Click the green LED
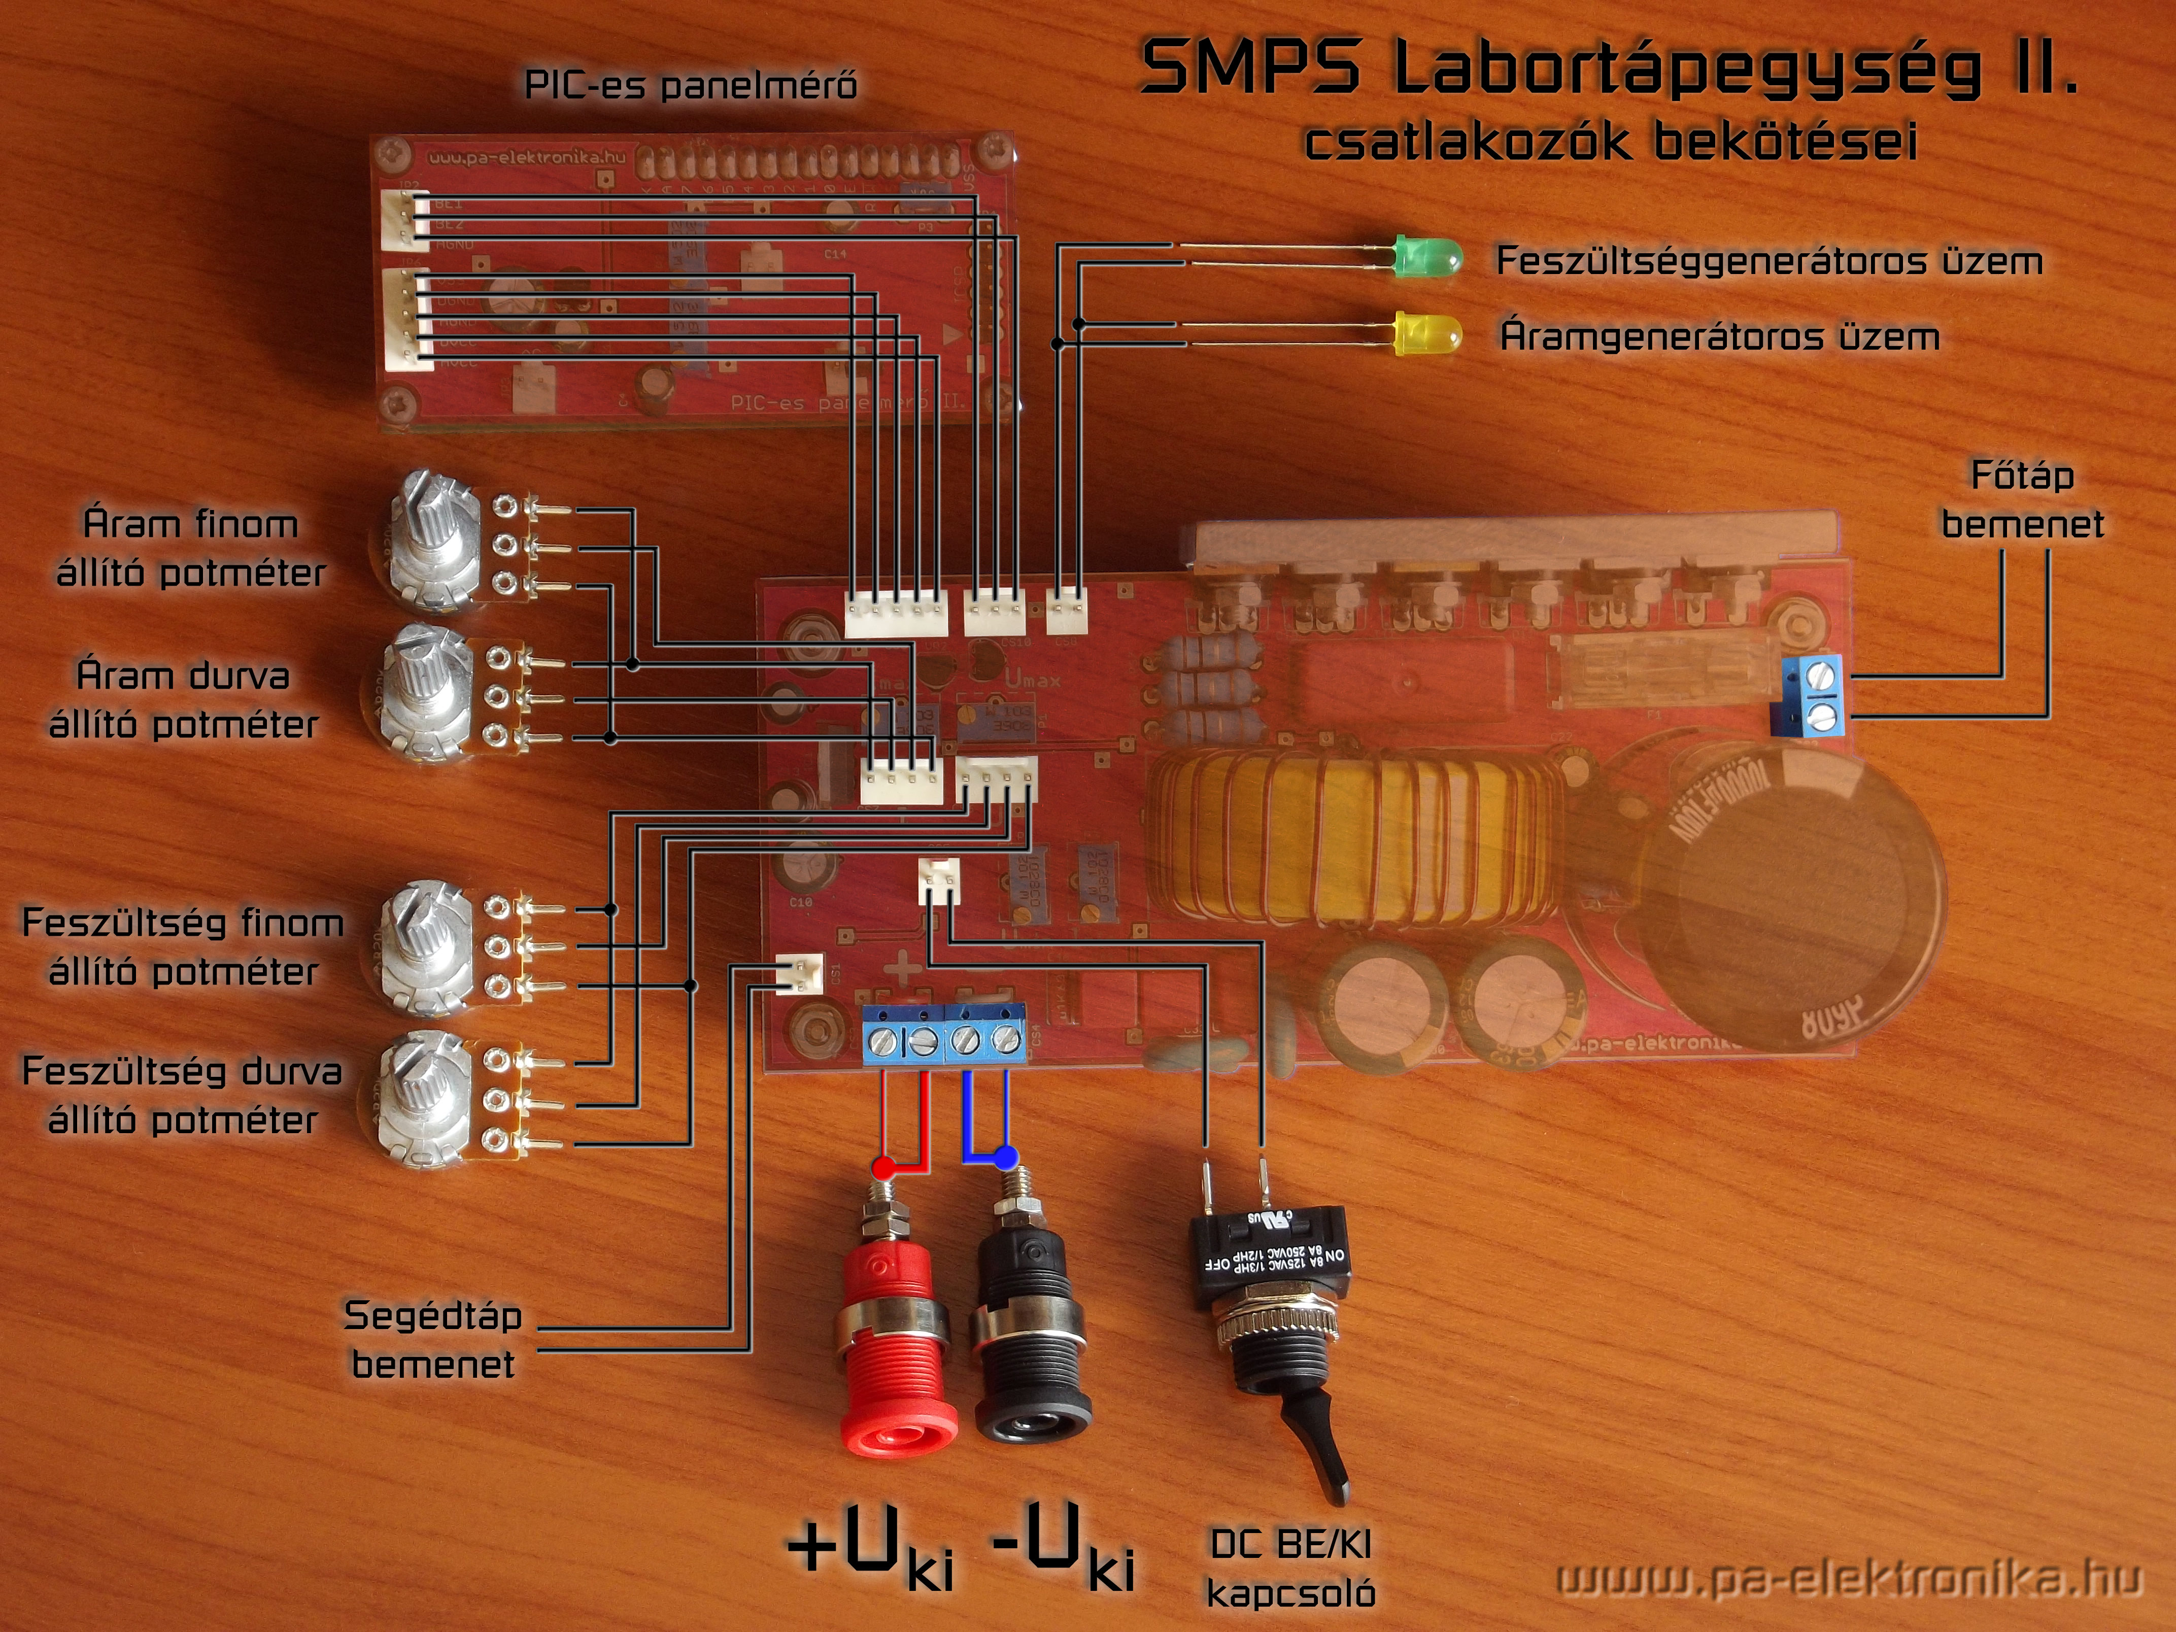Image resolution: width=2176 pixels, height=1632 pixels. pos(1426,259)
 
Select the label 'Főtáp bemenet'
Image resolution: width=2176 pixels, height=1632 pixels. pos(2022,500)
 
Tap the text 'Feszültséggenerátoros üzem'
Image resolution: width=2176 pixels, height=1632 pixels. pos(1769,261)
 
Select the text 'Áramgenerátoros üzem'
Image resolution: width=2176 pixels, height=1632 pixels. pos(1720,336)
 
